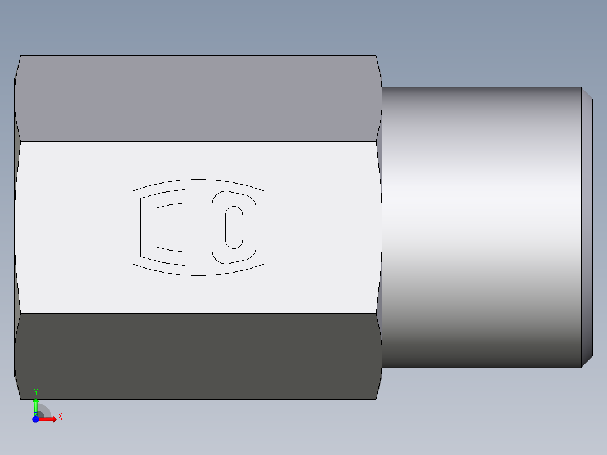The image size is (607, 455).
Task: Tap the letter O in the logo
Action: point(234,227)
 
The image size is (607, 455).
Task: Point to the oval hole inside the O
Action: point(234,227)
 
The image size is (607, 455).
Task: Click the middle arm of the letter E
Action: point(166,227)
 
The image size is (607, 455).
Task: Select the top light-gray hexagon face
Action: point(197,99)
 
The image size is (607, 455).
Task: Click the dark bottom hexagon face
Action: point(197,356)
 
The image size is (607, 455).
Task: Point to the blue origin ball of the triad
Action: point(35,420)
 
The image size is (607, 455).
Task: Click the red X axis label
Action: point(60,416)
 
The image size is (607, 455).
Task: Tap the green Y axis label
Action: point(36,391)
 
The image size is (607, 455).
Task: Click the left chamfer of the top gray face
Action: point(17,99)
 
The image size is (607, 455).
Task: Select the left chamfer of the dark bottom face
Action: point(17,356)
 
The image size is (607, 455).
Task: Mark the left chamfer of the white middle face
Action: point(17,227)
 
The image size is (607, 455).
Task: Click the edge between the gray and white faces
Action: point(197,141)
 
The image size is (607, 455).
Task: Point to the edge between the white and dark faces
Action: point(197,313)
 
